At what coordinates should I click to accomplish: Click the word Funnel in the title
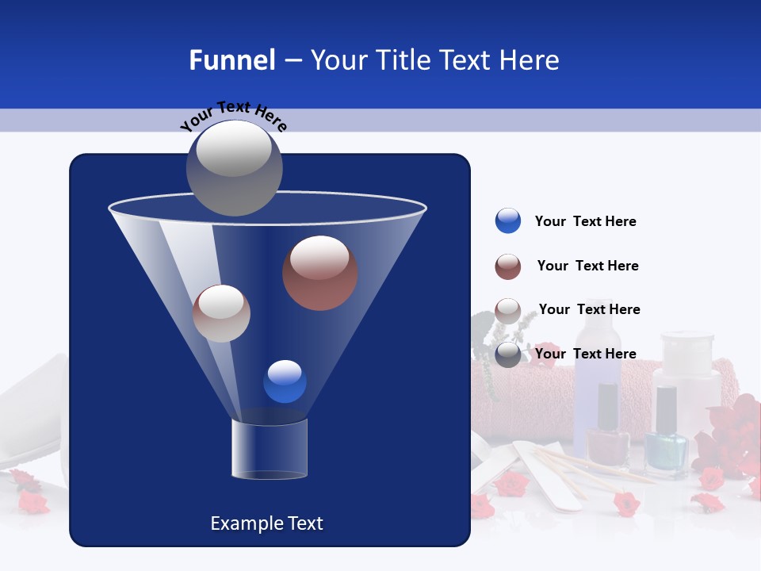231,60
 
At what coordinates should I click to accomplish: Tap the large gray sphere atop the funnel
234,167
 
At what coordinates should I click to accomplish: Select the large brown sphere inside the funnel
319,273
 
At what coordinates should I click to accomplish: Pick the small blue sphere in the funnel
285,381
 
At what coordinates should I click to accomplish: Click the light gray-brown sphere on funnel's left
221,313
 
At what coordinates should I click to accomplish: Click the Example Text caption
266,523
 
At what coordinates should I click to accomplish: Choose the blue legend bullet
507,221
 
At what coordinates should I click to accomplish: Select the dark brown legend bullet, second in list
507,266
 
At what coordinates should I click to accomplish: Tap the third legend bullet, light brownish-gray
507,311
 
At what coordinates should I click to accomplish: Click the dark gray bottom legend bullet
507,354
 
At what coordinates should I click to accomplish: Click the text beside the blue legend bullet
585,222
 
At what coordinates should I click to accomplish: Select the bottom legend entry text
585,354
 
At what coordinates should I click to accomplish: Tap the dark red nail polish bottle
607,432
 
